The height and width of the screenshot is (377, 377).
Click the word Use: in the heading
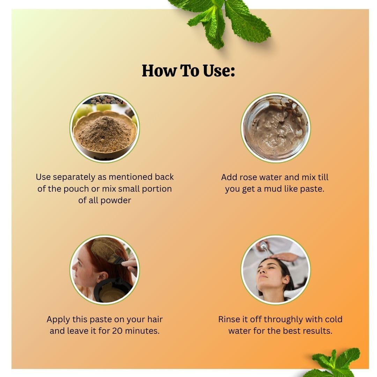(x=219, y=71)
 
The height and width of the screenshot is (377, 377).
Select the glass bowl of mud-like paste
(x=275, y=128)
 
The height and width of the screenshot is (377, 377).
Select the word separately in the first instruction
(x=74, y=177)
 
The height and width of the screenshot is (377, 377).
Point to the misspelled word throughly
(x=283, y=320)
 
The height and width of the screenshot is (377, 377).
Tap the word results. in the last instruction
(x=317, y=331)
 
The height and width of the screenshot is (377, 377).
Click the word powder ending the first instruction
(x=116, y=201)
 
